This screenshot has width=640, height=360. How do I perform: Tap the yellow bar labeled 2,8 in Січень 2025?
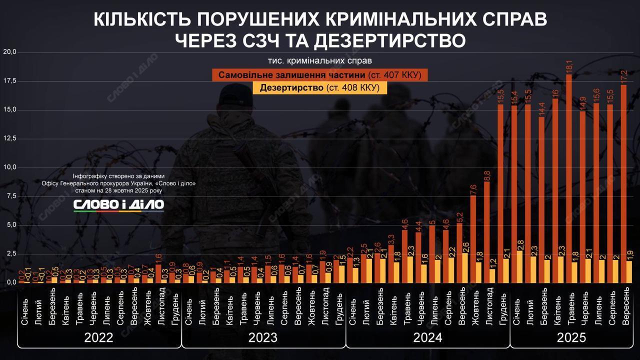[x=520, y=267]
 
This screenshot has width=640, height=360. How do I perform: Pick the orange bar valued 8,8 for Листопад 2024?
[x=486, y=232]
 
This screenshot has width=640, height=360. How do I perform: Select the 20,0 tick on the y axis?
[x=10, y=52]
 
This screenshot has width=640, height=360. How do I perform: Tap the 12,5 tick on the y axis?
[x=10, y=138]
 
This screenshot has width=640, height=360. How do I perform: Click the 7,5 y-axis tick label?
[x=10, y=196]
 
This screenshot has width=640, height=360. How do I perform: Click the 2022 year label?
[x=98, y=337]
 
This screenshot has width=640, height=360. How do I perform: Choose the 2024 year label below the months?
[x=427, y=337]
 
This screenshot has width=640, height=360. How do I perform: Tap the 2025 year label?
[x=571, y=337]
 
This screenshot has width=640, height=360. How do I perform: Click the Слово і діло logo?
[x=118, y=204]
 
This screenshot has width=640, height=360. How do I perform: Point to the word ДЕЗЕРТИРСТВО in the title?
[x=387, y=40]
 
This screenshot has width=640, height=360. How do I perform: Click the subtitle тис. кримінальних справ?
[x=319, y=61]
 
